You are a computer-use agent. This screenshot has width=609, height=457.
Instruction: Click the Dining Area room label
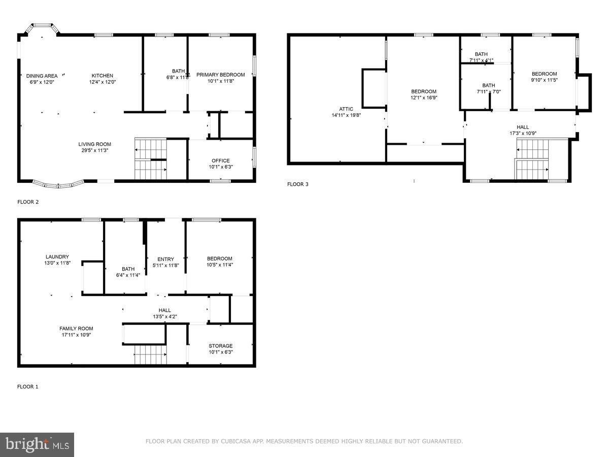[x=42, y=76]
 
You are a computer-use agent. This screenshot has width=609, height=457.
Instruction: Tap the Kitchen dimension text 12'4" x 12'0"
[x=103, y=82]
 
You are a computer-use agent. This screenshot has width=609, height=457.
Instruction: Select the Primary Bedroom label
[x=220, y=75]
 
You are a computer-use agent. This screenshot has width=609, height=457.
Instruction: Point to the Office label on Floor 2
[x=221, y=160]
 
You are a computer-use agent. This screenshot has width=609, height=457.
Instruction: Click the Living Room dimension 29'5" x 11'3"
[x=94, y=150]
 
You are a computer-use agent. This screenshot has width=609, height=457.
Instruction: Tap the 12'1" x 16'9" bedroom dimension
[x=424, y=98]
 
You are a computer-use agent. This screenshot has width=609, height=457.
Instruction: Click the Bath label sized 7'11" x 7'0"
[x=488, y=85]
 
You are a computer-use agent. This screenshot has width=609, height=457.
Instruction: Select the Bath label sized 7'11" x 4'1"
[x=481, y=54]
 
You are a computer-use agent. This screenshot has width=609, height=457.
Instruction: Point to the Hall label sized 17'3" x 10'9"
[x=523, y=127]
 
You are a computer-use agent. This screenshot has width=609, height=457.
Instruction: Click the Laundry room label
[x=57, y=256]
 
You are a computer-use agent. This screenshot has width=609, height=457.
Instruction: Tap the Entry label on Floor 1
[x=165, y=259]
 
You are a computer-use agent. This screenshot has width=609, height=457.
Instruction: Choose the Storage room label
[x=221, y=346]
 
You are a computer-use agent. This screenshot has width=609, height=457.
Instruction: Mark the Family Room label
[x=76, y=329]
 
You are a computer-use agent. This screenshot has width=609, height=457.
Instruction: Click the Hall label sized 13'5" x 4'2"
[x=164, y=310]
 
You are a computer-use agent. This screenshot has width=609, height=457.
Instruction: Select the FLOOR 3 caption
[x=297, y=184]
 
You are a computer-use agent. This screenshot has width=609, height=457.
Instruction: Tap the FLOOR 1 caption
[x=27, y=387]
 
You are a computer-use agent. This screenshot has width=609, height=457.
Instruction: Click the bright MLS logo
[x=37, y=445]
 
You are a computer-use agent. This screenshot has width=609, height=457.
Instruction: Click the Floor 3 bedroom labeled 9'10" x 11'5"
[x=544, y=74]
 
